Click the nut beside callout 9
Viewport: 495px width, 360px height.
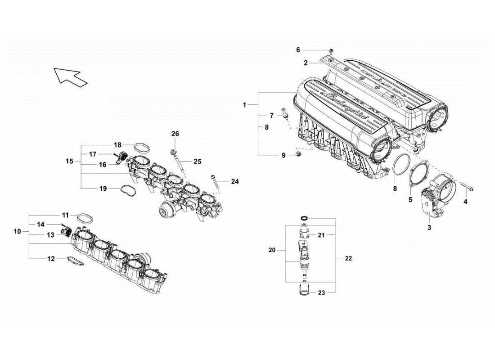298,155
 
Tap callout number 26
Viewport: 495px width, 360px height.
175,134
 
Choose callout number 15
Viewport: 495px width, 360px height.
69,161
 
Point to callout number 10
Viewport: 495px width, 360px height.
18,231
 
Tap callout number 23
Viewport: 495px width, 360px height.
321,292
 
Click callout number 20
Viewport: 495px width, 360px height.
272,250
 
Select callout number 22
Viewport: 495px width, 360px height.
349,258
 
